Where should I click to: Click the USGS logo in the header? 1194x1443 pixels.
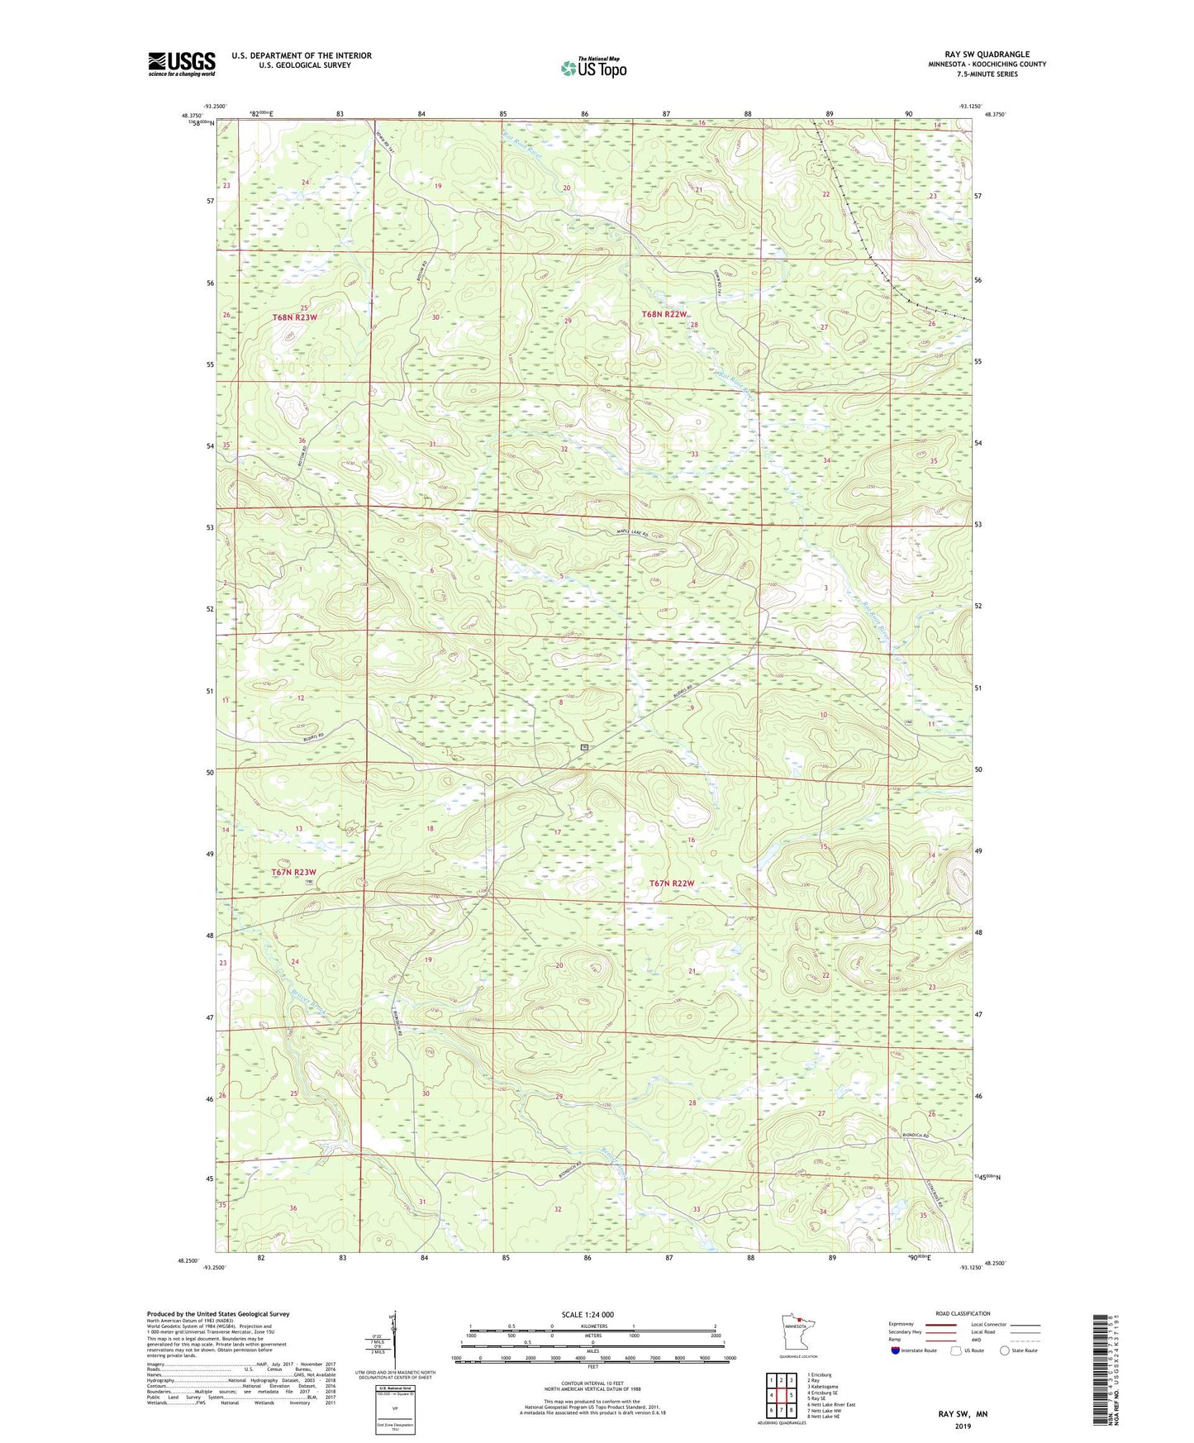click(x=181, y=64)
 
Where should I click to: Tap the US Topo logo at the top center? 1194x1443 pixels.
click(x=593, y=68)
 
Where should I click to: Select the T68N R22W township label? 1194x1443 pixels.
click(x=664, y=314)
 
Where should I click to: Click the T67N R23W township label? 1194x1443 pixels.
click(x=293, y=873)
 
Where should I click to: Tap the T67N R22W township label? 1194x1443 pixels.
click(x=672, y=883)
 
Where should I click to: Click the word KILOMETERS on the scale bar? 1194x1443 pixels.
click(x=592, y=1326)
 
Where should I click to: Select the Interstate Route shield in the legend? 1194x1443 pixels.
click(x=897, y=1350)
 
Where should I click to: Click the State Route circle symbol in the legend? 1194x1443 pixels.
click(x=1004, y=1350)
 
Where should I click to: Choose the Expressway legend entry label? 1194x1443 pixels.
click(x=901, y=1324)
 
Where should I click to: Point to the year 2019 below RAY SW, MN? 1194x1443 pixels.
click(x=963, y=1426)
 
